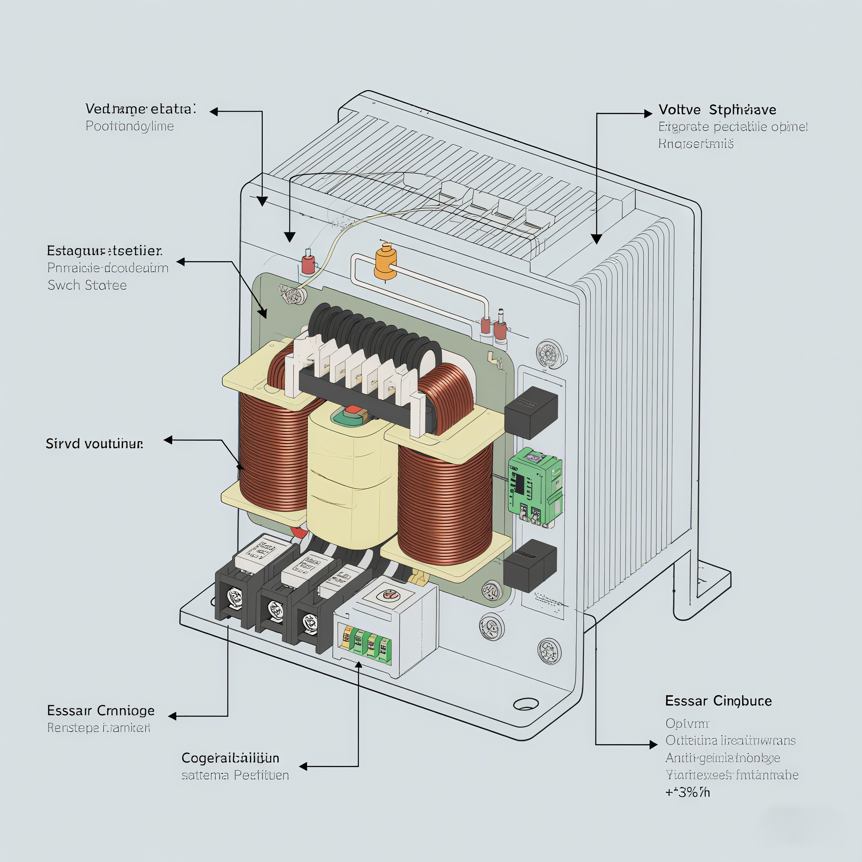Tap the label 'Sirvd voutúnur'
click(95, 443)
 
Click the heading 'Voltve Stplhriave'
click(717, 110)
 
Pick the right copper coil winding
click(445, 509)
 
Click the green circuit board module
click(534, 486)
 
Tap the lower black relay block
click(530, 565)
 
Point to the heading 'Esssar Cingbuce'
click(718, 701)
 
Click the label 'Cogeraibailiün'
click(230, 757)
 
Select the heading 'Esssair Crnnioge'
click(101, 710)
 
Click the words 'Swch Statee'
click(87, 285)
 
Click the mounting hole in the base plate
click(526, 704)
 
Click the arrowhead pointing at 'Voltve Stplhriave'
click(648, 113)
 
